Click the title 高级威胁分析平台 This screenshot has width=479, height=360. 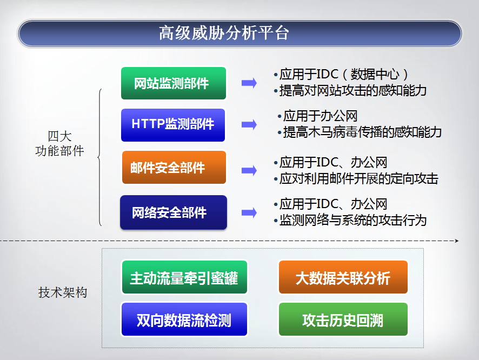[224, 32]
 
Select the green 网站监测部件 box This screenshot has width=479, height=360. [174, 83]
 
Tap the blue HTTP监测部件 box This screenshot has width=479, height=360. [173, 125]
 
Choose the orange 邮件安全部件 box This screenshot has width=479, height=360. [174, 168]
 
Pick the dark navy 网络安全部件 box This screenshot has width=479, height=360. [174, 212]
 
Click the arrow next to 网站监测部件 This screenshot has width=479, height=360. [249, 83]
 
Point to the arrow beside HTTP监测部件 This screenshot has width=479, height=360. [249, 124]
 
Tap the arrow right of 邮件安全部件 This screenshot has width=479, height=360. [249, 170]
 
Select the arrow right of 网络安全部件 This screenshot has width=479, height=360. [249, 212]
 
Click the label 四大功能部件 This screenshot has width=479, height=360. [59, 143]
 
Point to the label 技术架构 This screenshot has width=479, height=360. [63, 292]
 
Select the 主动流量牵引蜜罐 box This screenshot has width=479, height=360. [184, 277]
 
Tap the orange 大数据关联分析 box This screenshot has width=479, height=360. [343, 277]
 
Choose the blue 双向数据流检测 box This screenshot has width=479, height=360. [184, 319]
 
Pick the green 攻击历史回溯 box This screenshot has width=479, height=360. [343, 319]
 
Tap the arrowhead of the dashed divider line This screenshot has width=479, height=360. [457, 241]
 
